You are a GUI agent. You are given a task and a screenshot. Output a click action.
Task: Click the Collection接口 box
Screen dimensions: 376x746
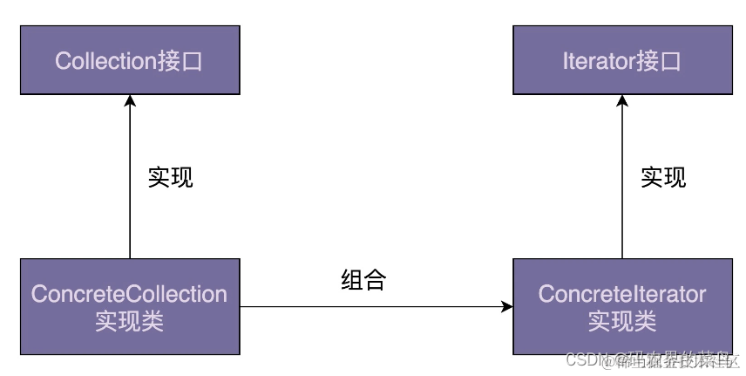(129, 60)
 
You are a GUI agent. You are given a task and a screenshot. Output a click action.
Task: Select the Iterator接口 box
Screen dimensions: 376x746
(621, 60)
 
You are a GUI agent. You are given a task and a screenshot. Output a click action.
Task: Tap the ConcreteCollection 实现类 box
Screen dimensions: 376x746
(129, 306)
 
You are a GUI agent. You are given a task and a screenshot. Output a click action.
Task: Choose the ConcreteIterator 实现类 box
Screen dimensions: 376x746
(621, 306)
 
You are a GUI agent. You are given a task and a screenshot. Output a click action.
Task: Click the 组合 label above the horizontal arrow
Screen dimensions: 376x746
(363, 280)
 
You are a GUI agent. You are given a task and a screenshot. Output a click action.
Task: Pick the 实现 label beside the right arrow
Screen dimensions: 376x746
(663, 177)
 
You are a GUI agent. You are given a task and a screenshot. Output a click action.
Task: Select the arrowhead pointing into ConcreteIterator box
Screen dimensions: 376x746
(506, 306)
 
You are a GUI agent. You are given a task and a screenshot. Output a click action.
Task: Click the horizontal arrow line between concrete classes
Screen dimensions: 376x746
(366, 306)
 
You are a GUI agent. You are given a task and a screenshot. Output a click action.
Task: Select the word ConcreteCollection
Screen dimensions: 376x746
(129, 294)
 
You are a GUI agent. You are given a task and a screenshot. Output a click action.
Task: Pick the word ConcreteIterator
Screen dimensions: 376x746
(621, 294)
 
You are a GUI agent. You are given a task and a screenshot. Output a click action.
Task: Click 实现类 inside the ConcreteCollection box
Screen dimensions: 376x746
(129, 321)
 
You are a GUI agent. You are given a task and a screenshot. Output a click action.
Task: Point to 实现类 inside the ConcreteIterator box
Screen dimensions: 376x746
(621, 321)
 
